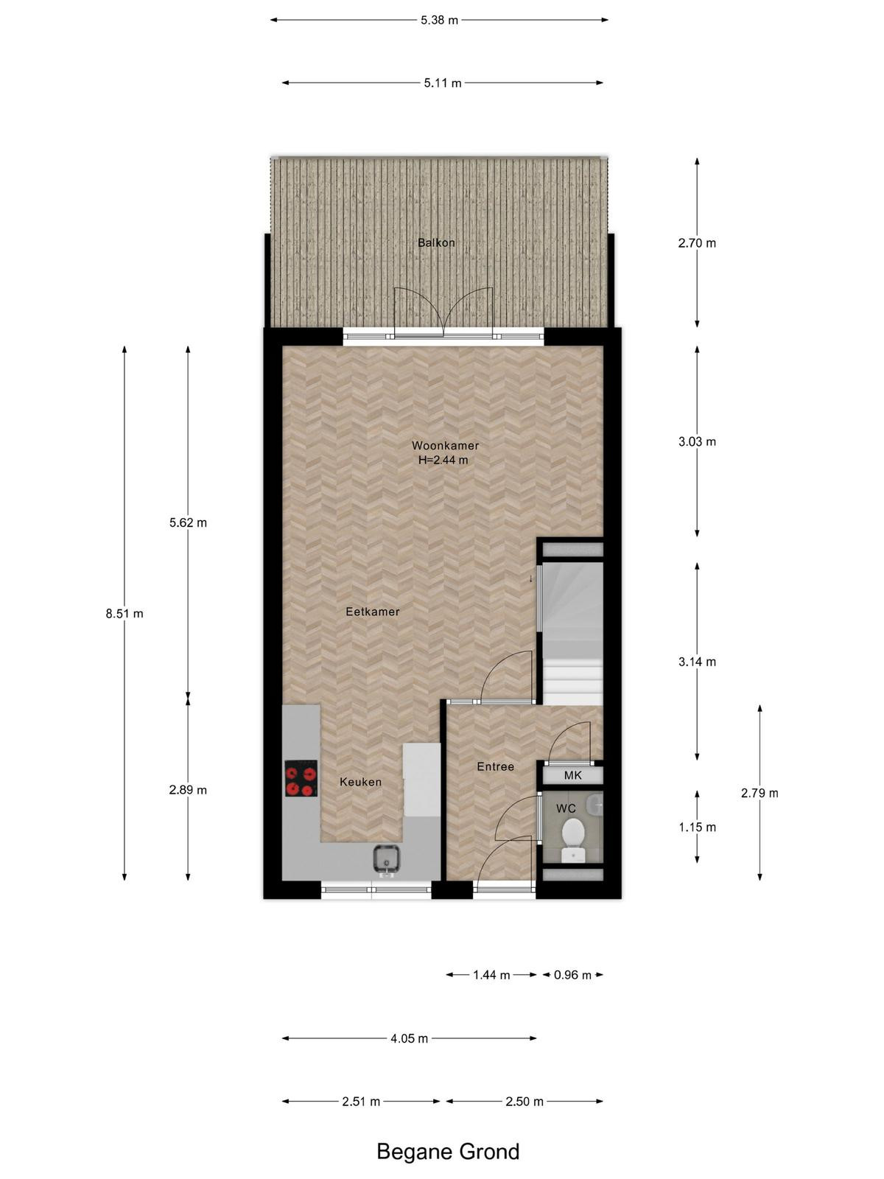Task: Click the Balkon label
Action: [436, 242]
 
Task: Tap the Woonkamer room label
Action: [445, 445]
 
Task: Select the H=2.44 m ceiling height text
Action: [443, 460]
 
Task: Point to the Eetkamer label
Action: [373, 612]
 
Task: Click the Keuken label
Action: [361, 782]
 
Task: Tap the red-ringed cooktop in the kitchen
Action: [301, 778]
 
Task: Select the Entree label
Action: [495, 766]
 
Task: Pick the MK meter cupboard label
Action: [572, 776]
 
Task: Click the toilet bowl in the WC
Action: [573, 839]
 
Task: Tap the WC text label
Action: [566, 808]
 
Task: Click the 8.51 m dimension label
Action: [124, 613]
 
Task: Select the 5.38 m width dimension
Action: [439, 21]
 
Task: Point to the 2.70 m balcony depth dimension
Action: [697, 242]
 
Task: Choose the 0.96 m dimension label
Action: [572, 975]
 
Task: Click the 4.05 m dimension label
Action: [409, 1038]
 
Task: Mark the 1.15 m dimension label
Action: [697, 828]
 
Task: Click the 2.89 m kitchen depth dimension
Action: [188, 790]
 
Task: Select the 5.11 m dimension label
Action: [442, 83]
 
